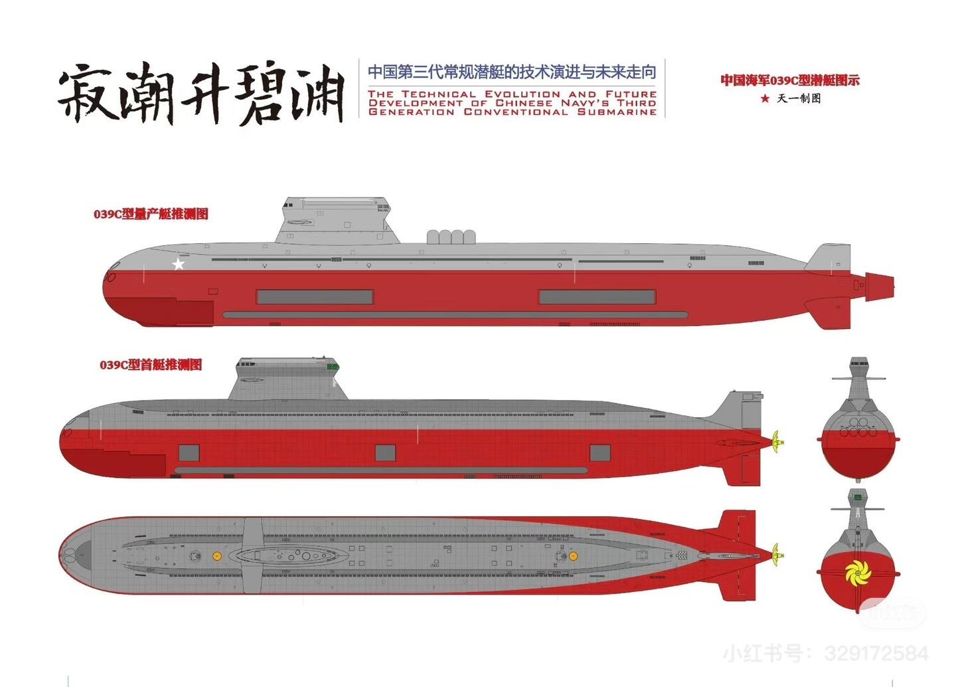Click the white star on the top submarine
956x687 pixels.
[x=179, y=264]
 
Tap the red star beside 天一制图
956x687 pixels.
[x=765, y=98]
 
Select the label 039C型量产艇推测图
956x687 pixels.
[x=151, y=214]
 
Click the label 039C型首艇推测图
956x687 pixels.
[x=151, y=365]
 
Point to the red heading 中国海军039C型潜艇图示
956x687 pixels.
[x=790, y=80]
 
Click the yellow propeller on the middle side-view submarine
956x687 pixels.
[x=777, y=439]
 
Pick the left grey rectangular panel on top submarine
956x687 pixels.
[x=315, y=296]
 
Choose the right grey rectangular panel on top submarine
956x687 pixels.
[x=597, y=296]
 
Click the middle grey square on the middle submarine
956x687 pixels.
[x=385, y=452]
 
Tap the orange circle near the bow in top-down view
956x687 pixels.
[x=216, y=555]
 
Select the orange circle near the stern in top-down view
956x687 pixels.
[x=573, y=555]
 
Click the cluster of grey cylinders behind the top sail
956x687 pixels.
[x=451, y=237]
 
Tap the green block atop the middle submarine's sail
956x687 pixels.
[x=332, y=365]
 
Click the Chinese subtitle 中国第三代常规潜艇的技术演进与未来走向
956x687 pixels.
[x=512, y=72]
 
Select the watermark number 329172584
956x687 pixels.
[x=876, y=654]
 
